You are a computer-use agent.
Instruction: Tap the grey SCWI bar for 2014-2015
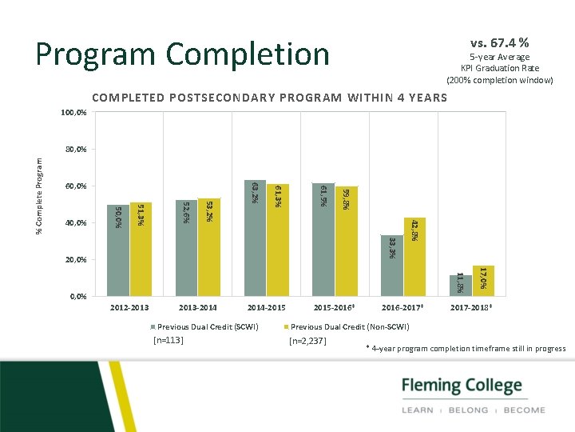coord(255,238)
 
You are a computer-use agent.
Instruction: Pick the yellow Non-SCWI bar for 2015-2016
coord(346,241)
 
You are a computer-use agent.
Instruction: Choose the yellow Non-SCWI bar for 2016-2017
coord(414,257)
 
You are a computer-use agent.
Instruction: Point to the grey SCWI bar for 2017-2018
coord(460,286)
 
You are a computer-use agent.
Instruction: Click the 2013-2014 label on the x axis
coord(197,307)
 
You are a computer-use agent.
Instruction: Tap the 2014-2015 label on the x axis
coord(266,307)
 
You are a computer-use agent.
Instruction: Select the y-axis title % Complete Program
coord(40,195)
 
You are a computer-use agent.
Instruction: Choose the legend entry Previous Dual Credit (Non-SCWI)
coord(349,326)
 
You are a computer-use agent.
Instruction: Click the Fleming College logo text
coord(462,386)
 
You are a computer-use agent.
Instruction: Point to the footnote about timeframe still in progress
coord(466,349)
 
